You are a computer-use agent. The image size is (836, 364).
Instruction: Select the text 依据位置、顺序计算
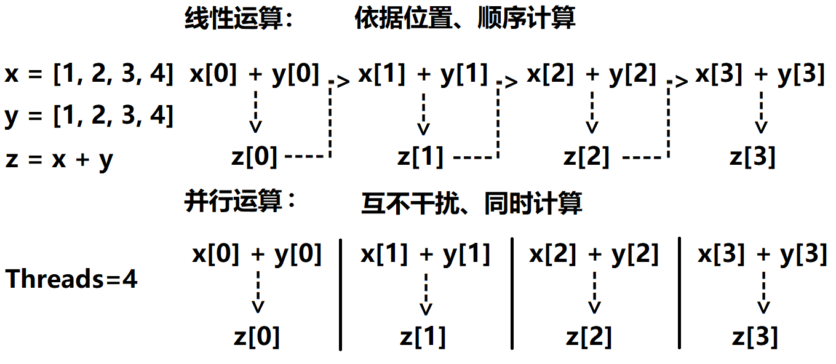point(464,19)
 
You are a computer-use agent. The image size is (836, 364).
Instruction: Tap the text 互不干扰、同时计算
point(471,204)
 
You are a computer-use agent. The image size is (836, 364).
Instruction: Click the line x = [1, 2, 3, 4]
point(89,74)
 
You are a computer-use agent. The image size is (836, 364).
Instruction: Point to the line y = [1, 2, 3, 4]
point(89,116)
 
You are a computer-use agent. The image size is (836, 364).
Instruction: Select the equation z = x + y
point(60,159)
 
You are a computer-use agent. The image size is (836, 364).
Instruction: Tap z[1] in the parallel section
point(423,336)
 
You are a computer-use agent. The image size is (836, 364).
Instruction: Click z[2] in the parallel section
point(589,336)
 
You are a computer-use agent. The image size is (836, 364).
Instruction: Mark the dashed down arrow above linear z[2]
point(592,111)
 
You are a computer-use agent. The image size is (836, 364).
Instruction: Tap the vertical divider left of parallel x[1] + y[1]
point(340,294)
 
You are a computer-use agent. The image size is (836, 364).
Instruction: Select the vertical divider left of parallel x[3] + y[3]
point(680,294)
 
